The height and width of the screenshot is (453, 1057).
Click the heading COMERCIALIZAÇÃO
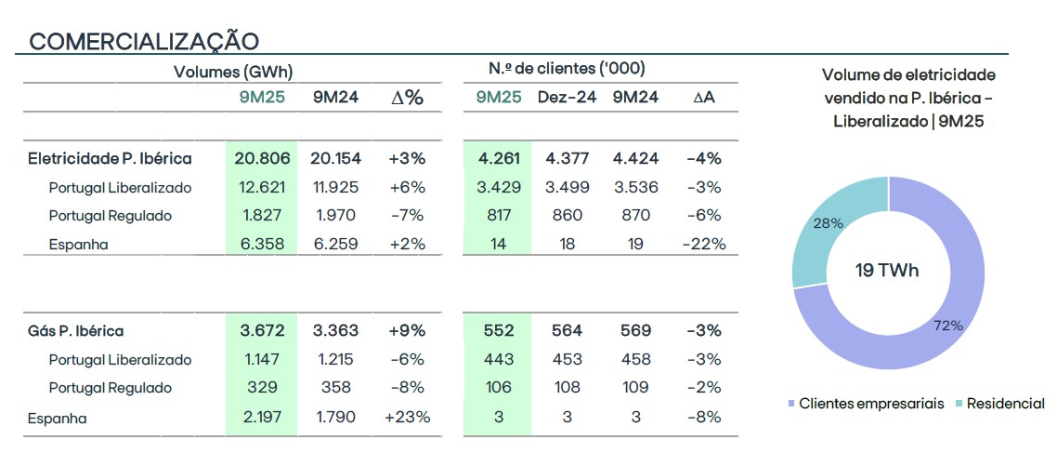click(x=144, y=41)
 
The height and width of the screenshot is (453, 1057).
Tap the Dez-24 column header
click(x=567, y=97)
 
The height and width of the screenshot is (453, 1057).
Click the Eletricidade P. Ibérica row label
click(x=111, y=159)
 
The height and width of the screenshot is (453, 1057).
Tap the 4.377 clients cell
click(x=567, y=159)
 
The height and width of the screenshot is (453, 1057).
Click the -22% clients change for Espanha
click(x=703, y=245)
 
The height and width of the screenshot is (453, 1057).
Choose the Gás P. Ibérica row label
click(x=76, y=331)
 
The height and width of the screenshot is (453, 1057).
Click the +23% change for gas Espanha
click(x=407, y=418)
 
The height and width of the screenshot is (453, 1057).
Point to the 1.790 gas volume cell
click(x=335, y=418)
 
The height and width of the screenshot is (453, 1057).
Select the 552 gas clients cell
click(x=499, y=331)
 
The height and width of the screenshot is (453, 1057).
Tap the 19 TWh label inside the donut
click(x=888, y=271)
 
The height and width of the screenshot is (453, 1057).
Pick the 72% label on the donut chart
click(x=948, y=326)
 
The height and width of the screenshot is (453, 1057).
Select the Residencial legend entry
click(x=1005, y=404)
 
